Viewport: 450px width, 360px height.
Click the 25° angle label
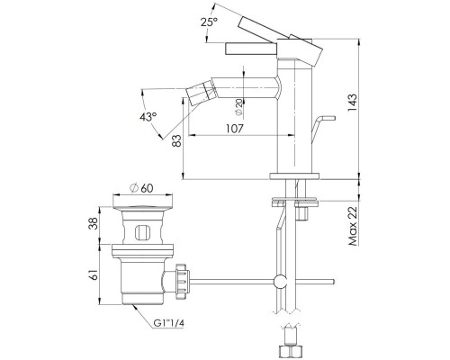[210, 22]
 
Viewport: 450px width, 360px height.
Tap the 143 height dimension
[353, 103]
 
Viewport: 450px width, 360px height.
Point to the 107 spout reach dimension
[234, 129]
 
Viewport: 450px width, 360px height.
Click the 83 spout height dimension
[177, 140]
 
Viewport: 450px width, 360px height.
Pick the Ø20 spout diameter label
[239, 107]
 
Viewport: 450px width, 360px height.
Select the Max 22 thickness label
[353, 227]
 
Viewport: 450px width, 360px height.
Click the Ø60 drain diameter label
[141, 188]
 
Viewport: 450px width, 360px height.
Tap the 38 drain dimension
[94, 223]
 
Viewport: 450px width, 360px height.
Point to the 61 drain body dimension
[94, 274]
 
